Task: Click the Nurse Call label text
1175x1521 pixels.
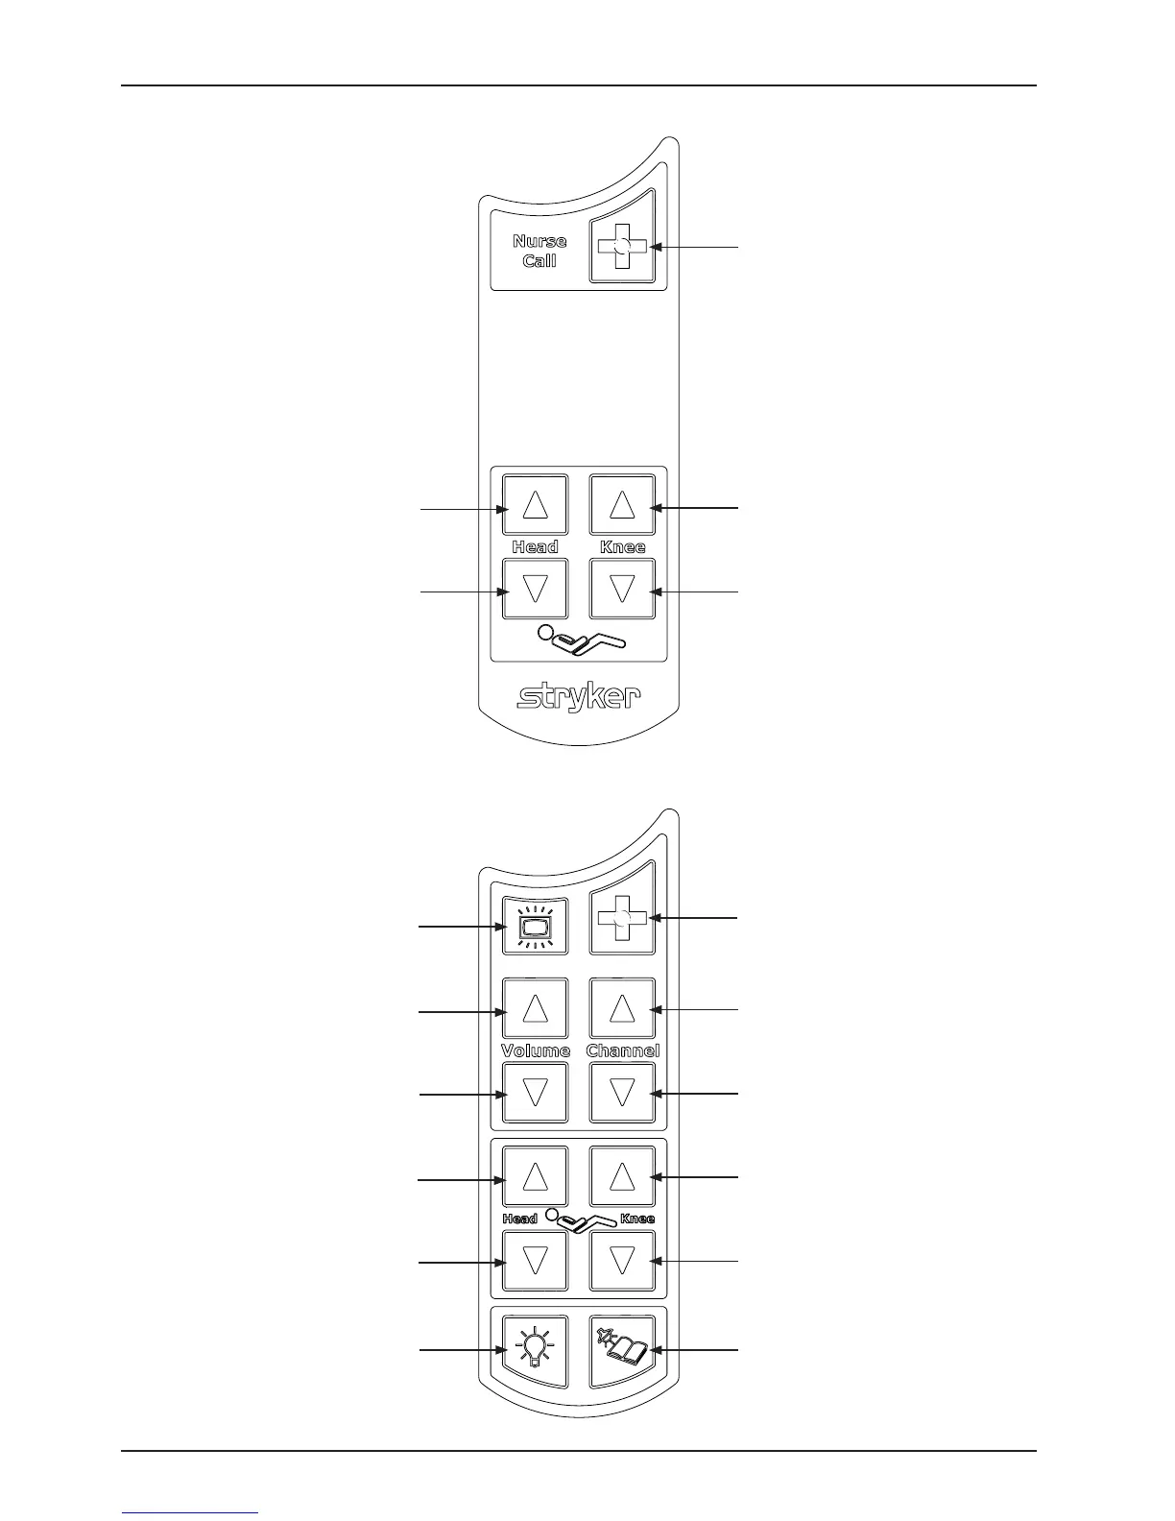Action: [x=540, y=251]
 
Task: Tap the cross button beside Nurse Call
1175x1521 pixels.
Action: [x=622, y=247]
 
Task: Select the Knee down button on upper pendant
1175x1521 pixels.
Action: [x=622, y=588]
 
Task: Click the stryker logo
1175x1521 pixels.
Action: [x=579, y=696]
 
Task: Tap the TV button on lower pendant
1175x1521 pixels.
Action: [x=535, y=927]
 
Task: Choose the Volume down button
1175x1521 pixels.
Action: [x=535, y=1093]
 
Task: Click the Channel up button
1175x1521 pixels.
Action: [x=622, y=1009]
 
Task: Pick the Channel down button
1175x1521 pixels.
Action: [x=622, y=1093]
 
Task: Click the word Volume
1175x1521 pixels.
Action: [x=536, y=1050]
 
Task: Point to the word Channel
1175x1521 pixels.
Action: [x=623, y=1050]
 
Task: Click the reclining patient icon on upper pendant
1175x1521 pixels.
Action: [x=580, y=639]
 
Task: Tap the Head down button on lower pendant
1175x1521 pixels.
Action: [x=535, y=1261]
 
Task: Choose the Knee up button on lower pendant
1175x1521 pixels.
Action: [x=622, y=1176]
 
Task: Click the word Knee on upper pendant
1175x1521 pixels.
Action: [x=623, y=546]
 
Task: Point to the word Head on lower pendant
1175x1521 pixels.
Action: [x=519, y=1219]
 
